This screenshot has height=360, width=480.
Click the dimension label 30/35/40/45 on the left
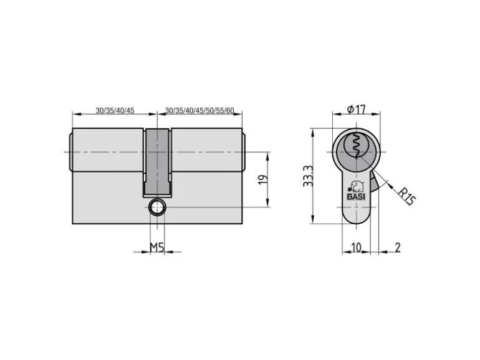pyautogui.click(x=115, y=110)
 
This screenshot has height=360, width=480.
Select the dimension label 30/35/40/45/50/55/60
pyautogui.click(x=199, y=110)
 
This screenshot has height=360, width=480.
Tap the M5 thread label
pyautogui.click(x=157, y=247)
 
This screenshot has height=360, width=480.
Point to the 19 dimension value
pyautogui.click(x=263, y=179)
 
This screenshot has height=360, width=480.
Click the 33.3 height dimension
pyautogui.click(x=308, y=176)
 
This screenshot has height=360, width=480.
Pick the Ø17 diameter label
pyautogui.click(x=357, y=109)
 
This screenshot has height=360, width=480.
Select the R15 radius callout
pyautogui.click(x=406, y=196)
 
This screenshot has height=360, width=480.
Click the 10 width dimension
pyautogui.click(x=356, y=247)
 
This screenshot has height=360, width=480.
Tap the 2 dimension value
pyautogui.click(x=397, y=247)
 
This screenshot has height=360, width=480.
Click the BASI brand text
pyautogui.click(x=356, y=197)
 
